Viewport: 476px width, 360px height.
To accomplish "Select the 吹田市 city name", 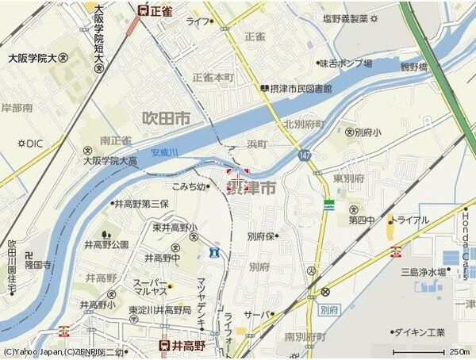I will tap(167, 118).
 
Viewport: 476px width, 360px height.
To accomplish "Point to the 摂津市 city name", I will tap(251, 188).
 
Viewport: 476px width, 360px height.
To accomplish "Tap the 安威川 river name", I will tap(164, 151).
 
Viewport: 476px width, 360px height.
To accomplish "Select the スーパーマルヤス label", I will tap(150, 286).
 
